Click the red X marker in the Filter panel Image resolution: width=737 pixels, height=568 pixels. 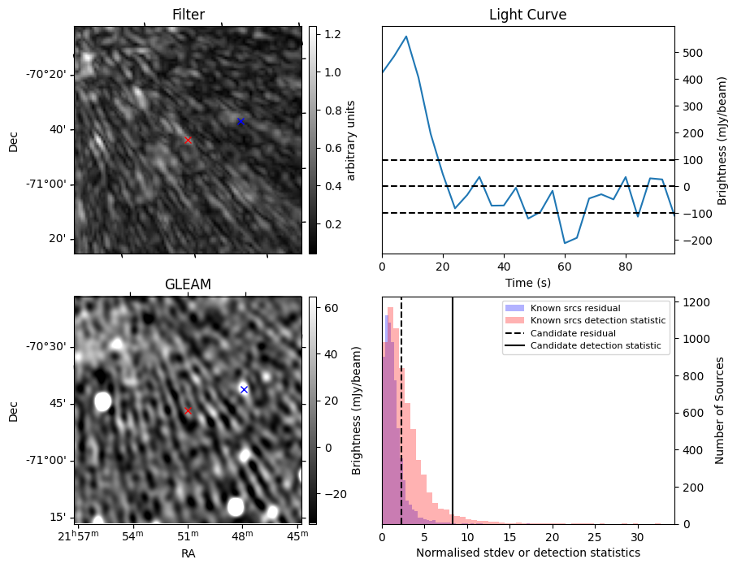(x=188, y=140)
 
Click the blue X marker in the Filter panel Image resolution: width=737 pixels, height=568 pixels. (x=241, y=122)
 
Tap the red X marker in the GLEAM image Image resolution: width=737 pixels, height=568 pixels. (x=188, y=410)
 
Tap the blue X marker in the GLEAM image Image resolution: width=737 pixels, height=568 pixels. (x=244, y=389)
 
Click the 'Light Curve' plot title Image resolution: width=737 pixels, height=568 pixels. (x=527, y=15)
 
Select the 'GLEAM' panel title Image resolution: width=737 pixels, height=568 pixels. (x=188, y=284)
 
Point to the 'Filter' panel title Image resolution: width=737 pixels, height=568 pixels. (x=188, y=15)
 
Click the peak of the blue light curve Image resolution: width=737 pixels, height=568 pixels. (x=406, y=36)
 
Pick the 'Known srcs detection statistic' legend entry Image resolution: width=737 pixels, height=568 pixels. (x=597, y=321)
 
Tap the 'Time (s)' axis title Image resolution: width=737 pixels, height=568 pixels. (x=527, y=281)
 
